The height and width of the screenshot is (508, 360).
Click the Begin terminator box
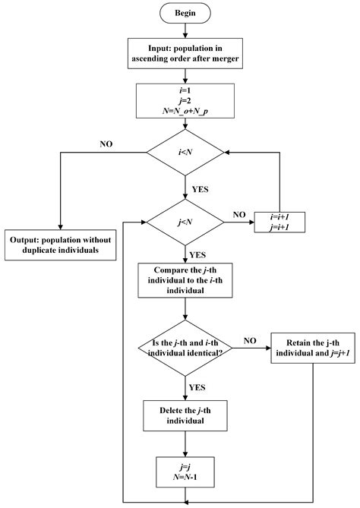coord(185,14)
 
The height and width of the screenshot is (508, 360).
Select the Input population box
coord(185,51)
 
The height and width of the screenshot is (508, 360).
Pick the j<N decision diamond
coord(185,222)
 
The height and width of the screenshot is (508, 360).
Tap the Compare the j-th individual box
coord(185,280)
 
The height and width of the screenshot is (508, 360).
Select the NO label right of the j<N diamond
coord(238,214)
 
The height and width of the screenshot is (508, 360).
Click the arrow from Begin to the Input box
coord(185,29)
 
